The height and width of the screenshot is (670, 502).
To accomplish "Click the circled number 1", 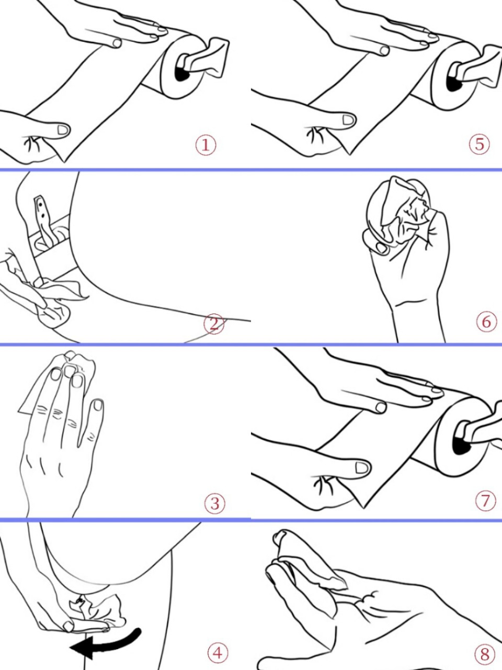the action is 206,144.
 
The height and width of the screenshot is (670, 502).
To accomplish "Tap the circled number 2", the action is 214,324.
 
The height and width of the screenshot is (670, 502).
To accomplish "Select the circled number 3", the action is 215,504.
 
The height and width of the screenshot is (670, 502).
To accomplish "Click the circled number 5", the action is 480,144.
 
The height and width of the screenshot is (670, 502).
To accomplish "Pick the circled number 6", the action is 486,322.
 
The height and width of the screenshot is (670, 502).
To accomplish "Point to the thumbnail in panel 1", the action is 63,130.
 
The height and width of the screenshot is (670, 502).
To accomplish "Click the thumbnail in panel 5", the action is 348,120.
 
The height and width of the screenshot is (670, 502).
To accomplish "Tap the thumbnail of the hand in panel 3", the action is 98,405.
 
